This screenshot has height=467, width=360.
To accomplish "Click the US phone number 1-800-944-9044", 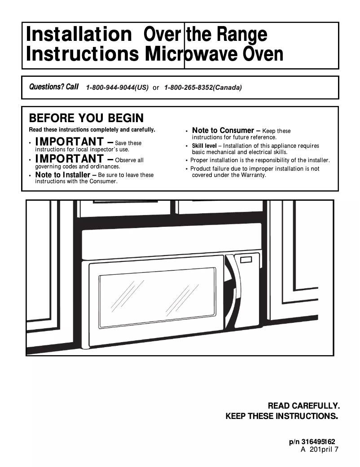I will [117, 88].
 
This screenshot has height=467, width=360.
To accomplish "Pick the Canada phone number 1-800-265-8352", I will [203, 88].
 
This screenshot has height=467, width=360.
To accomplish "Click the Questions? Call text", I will [53, 87].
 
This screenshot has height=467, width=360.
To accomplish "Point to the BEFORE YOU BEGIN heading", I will [86, 118].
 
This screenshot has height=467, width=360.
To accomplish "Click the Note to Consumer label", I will [223, 131].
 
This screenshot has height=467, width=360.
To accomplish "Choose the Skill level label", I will [204, 146].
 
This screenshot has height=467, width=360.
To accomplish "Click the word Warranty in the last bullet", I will [253, 175].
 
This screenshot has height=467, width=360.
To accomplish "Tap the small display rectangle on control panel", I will [246, 260].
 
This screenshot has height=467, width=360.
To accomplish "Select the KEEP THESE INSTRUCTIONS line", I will [281, 416].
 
